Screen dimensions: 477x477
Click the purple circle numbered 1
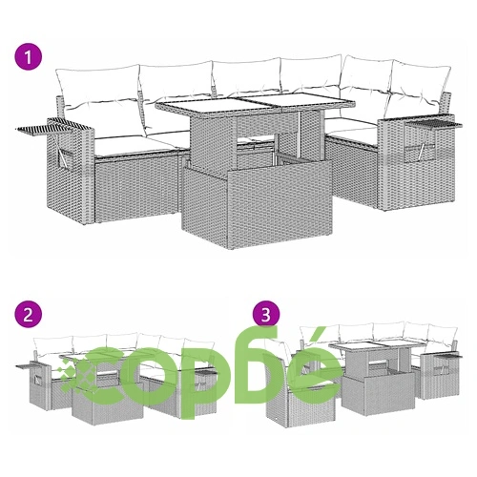coord(29,57)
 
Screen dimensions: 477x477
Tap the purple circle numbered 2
coord(29,315)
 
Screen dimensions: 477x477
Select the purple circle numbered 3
coord(266,315)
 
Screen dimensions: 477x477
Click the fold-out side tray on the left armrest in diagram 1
coord(45,129)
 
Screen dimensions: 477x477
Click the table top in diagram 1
coord(255,104)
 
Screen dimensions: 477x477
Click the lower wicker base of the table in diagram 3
coord(379,393)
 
